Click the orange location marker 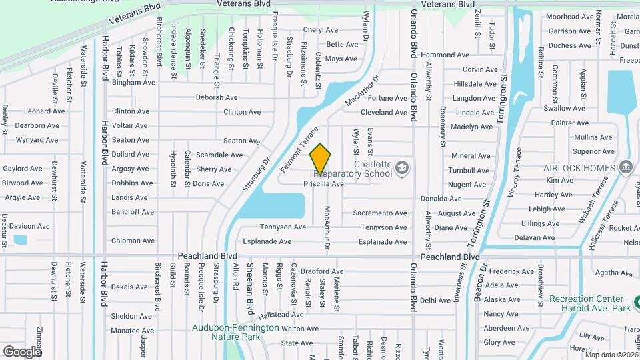pos(320,159)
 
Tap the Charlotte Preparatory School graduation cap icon pos(401,167)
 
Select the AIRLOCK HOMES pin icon pos(625,167)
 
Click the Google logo pos(23,351)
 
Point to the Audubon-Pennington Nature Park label pos(236,332)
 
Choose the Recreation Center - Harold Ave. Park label pos(589,304)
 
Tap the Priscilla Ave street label pos(323,183)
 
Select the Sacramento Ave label pos(379,213)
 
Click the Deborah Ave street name pos(217,97)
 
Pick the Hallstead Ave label pos(281,315)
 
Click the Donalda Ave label pos(441,199)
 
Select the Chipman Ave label pos(133,241)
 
